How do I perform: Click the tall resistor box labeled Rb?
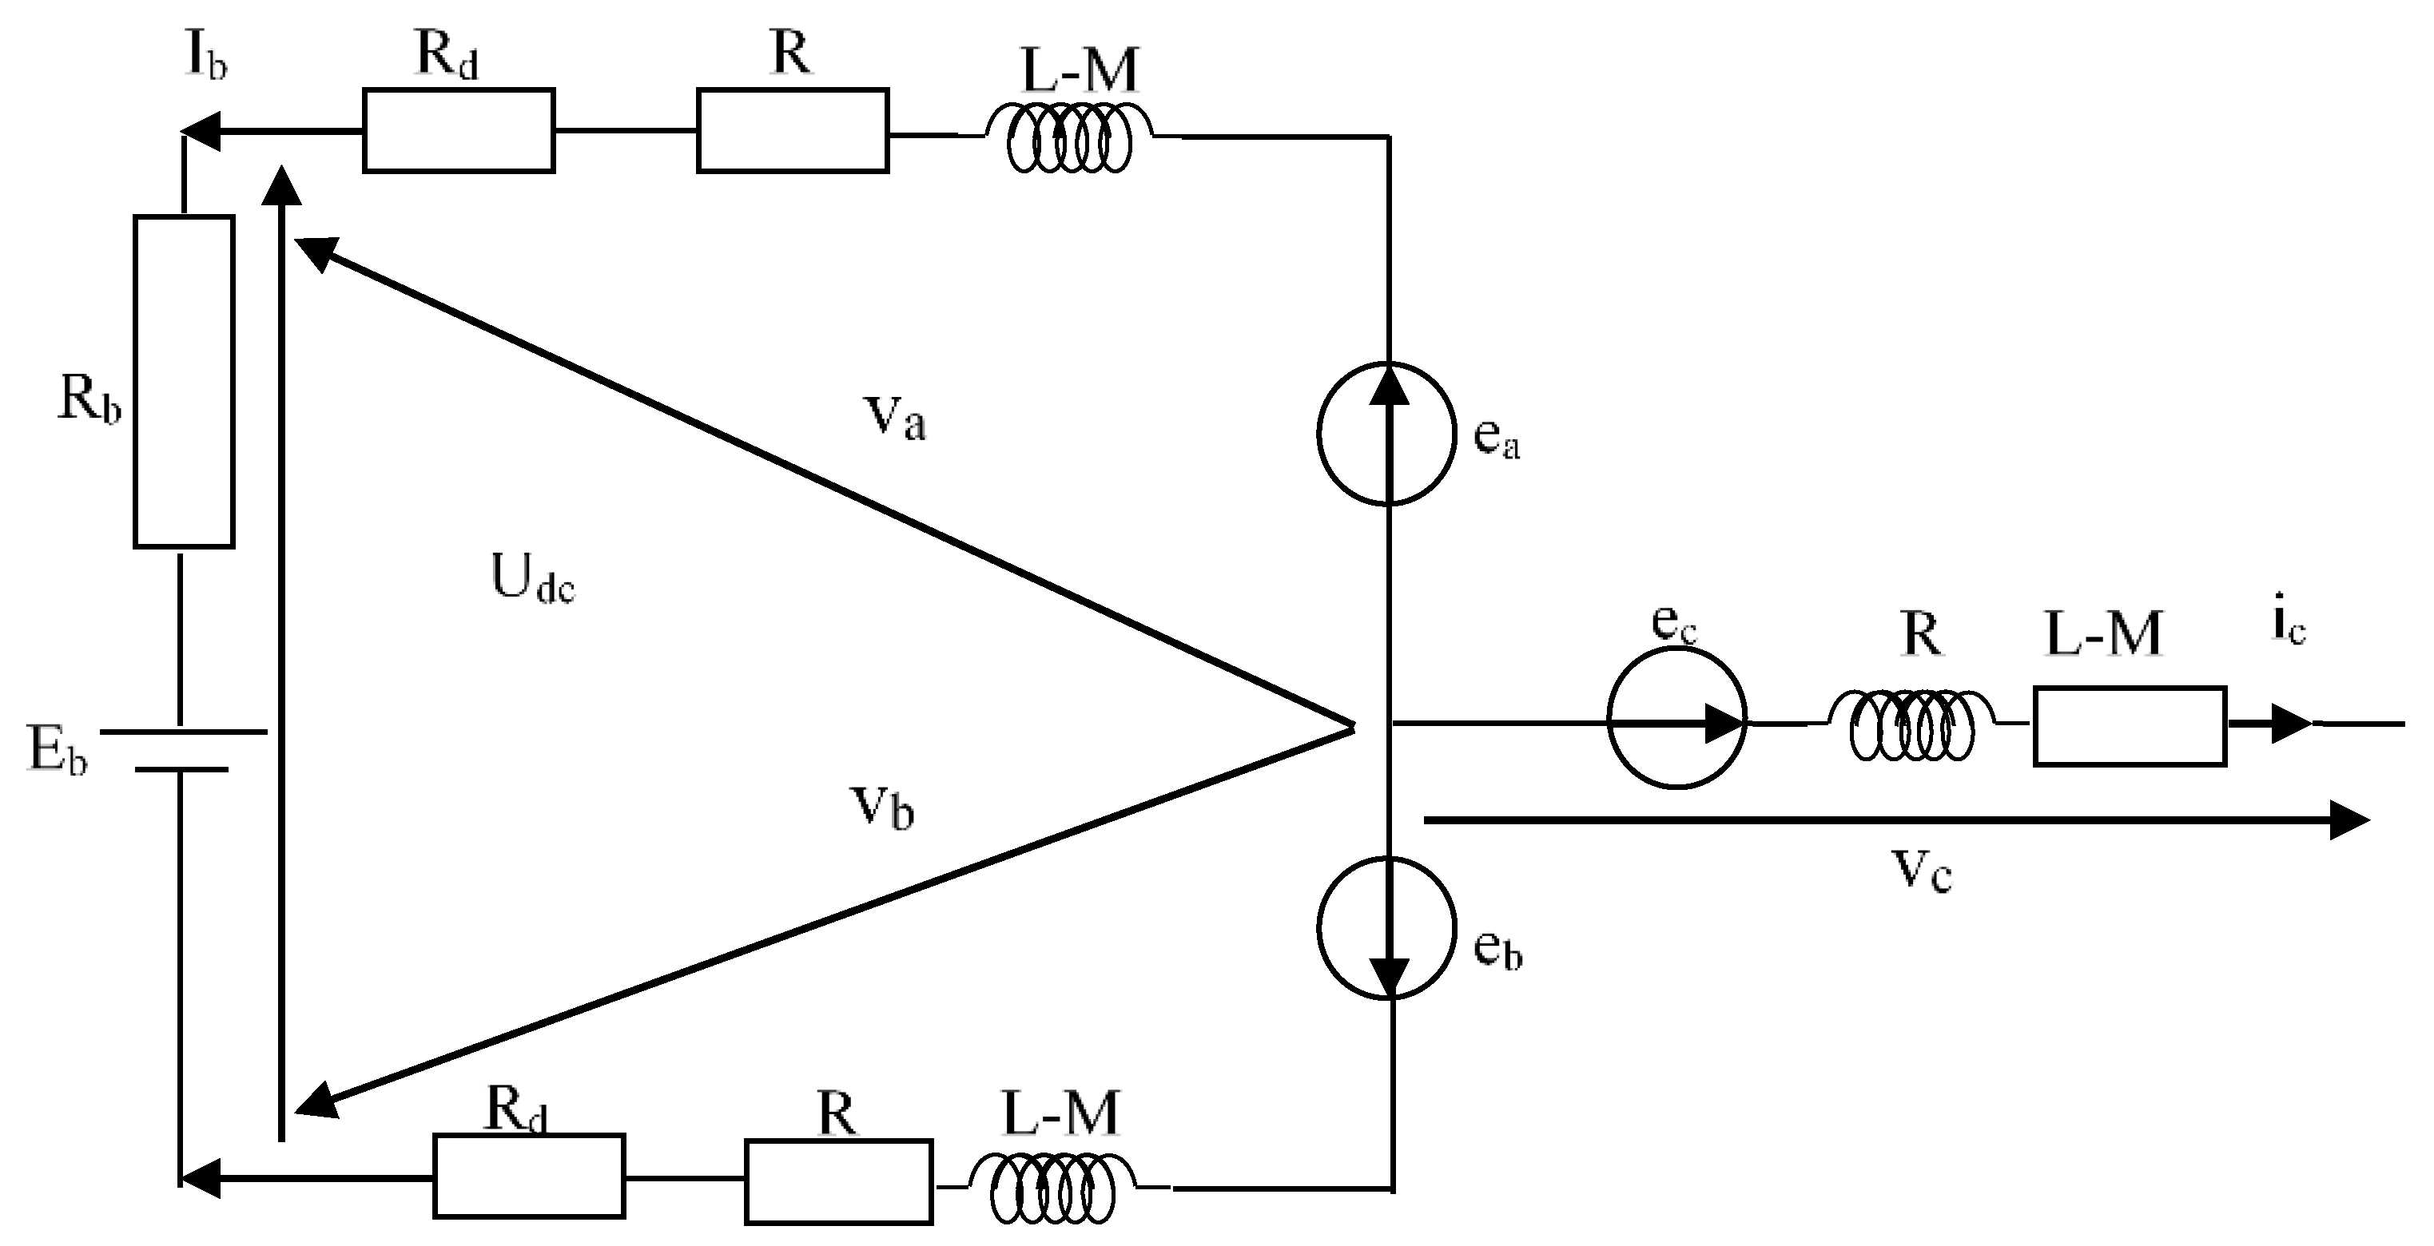[x=183, y=381]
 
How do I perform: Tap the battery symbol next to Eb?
[x=181, y=750]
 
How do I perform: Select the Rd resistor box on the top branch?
[x=458, y=130]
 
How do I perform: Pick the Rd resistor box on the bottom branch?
[x=529, y=1175]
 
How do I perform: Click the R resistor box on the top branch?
[x=792, y=130]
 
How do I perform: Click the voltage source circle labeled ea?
[x=1386, y=434]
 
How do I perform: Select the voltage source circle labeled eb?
[x=1386, y=927]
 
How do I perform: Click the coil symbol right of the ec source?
[x=1911, y=724]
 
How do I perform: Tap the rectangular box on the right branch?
[x=2130, y=725]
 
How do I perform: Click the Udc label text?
[x=532, y=578]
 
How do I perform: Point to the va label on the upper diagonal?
[x=894, y=417]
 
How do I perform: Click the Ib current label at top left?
[x=205, y=58]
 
